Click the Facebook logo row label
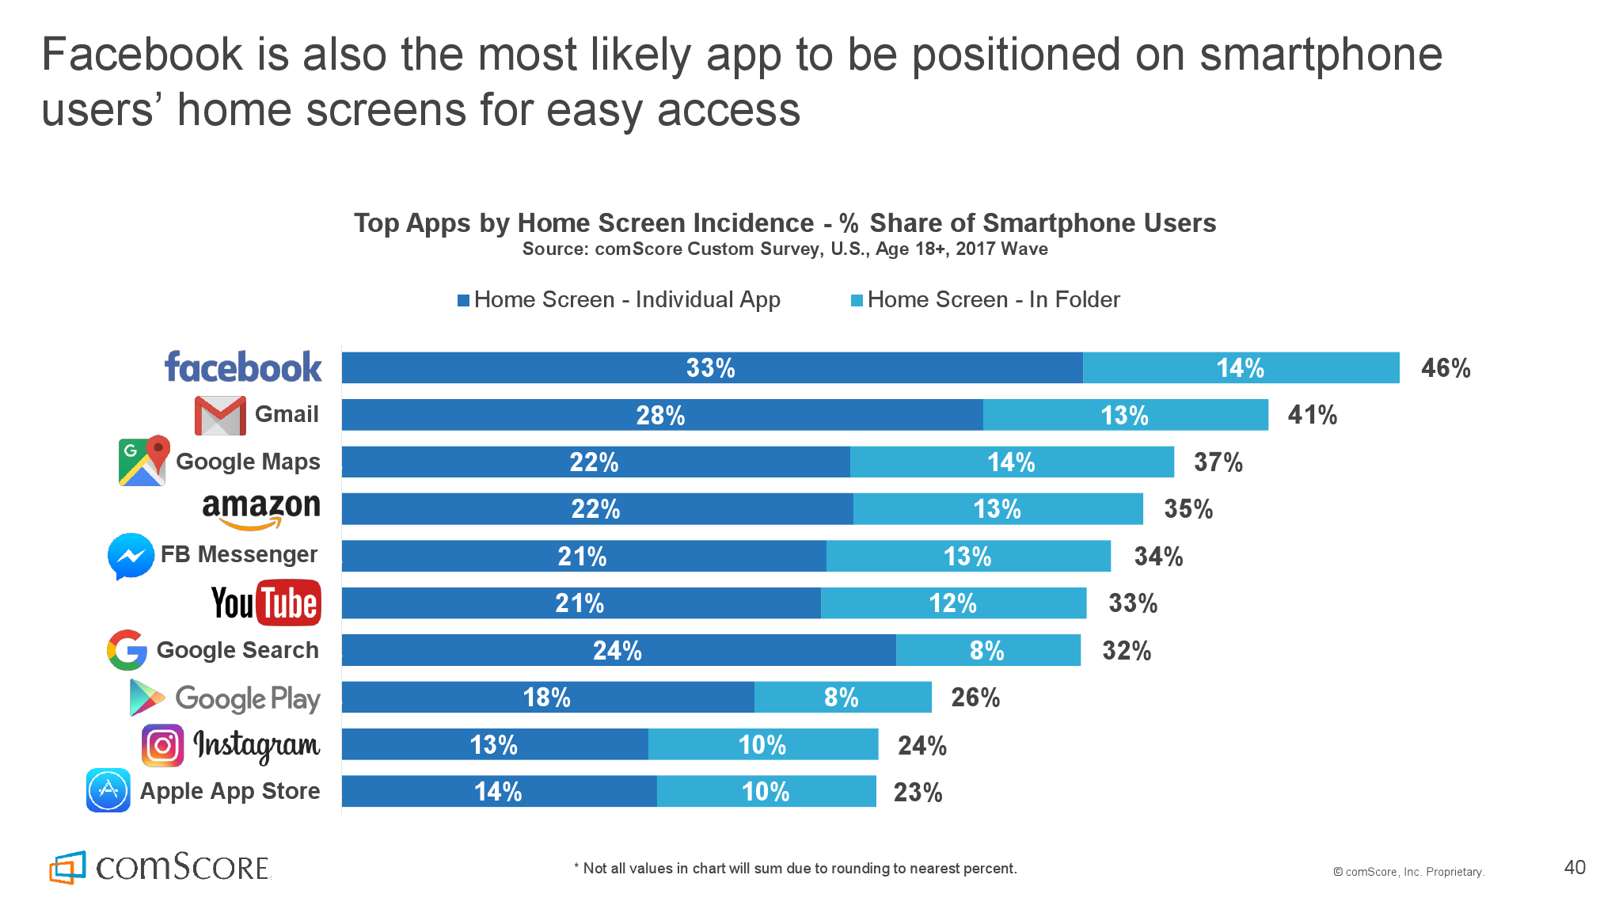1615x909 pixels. pos(243,367)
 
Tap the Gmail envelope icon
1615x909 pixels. pos(220,415)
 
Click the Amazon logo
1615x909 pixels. pos(261,509)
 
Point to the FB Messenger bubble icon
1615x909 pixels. pos(131,556)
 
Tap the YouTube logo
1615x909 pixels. pos(266,603)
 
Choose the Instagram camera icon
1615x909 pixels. pos(163,745)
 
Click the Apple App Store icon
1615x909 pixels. pos(108,790)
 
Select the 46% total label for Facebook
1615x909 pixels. pos(1446,368)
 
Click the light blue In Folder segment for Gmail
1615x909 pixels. pos(1125,415)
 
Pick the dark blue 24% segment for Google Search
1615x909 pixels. pos(618,650)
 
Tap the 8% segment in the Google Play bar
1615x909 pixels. pos(842,698)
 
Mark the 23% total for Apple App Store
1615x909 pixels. pos(918,792)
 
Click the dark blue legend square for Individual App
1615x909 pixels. pos(464,300)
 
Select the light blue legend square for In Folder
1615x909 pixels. pos(857,300)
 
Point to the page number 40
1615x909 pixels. pos(1575,867)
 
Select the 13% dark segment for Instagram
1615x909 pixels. pos(494,744)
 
